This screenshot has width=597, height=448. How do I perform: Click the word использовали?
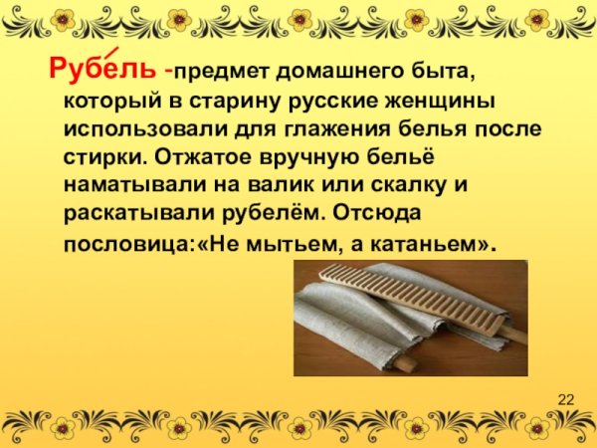(x=139, y=129)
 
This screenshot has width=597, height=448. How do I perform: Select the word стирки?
(x=99, y=157)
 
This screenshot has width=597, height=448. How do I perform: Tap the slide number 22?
(x=566, y=400)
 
